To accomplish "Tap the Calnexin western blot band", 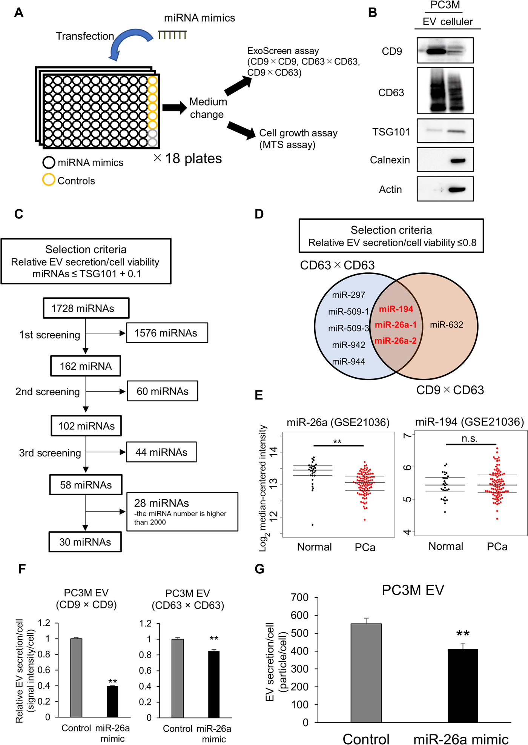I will [457, 161].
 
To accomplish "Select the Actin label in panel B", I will [390, 189].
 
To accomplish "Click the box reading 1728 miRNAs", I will [86, 308].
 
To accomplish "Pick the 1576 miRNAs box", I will [167, 333].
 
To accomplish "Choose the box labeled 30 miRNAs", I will [85, 542].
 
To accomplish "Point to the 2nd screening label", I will [48, 392].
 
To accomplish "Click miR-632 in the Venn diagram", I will [447, 325].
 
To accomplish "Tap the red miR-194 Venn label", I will [396, 309].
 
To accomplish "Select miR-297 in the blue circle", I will [348, 295].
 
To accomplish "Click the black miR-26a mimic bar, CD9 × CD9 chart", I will [112, 701].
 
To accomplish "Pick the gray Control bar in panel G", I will [366, 673].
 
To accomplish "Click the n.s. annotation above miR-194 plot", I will [470, 438].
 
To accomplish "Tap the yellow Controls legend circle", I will [49, 180].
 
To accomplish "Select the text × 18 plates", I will [188, 158].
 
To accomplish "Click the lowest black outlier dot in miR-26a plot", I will [313, 525].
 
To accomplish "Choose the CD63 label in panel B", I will [391, 93].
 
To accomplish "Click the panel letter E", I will [259, 395].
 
